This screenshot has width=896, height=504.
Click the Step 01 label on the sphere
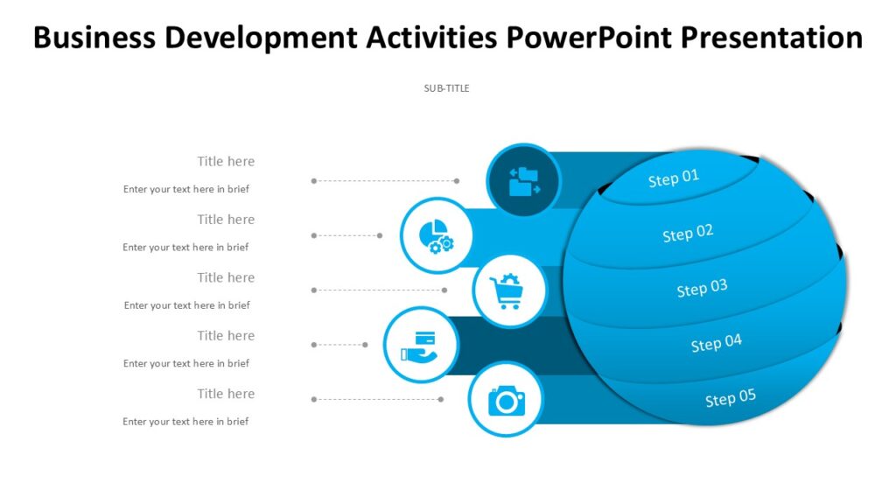click(674, 178)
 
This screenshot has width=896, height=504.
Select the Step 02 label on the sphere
click(688, 234)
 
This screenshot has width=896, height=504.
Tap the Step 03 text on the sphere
click(702, 288)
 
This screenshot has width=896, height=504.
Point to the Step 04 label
click(716, 343)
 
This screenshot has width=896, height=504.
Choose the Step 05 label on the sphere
click(731, 398)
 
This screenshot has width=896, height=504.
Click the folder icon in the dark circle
click(523, 181)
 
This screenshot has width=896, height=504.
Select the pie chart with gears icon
click(436, 235)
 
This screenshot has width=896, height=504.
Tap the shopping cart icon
click(507, 291)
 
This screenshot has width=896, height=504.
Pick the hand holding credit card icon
click(420, 345)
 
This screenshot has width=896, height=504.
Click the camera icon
click(506, 401)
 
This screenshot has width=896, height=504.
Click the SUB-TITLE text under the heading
click(447, 88)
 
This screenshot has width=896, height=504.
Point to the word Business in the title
click(94, 38)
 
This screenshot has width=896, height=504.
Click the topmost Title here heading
click(226, 161)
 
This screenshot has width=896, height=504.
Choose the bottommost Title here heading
click(226, 394)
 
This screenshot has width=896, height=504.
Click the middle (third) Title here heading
click(226, 277)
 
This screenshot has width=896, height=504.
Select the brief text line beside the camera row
click(185, 422)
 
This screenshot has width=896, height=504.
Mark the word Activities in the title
click(431, 38)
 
